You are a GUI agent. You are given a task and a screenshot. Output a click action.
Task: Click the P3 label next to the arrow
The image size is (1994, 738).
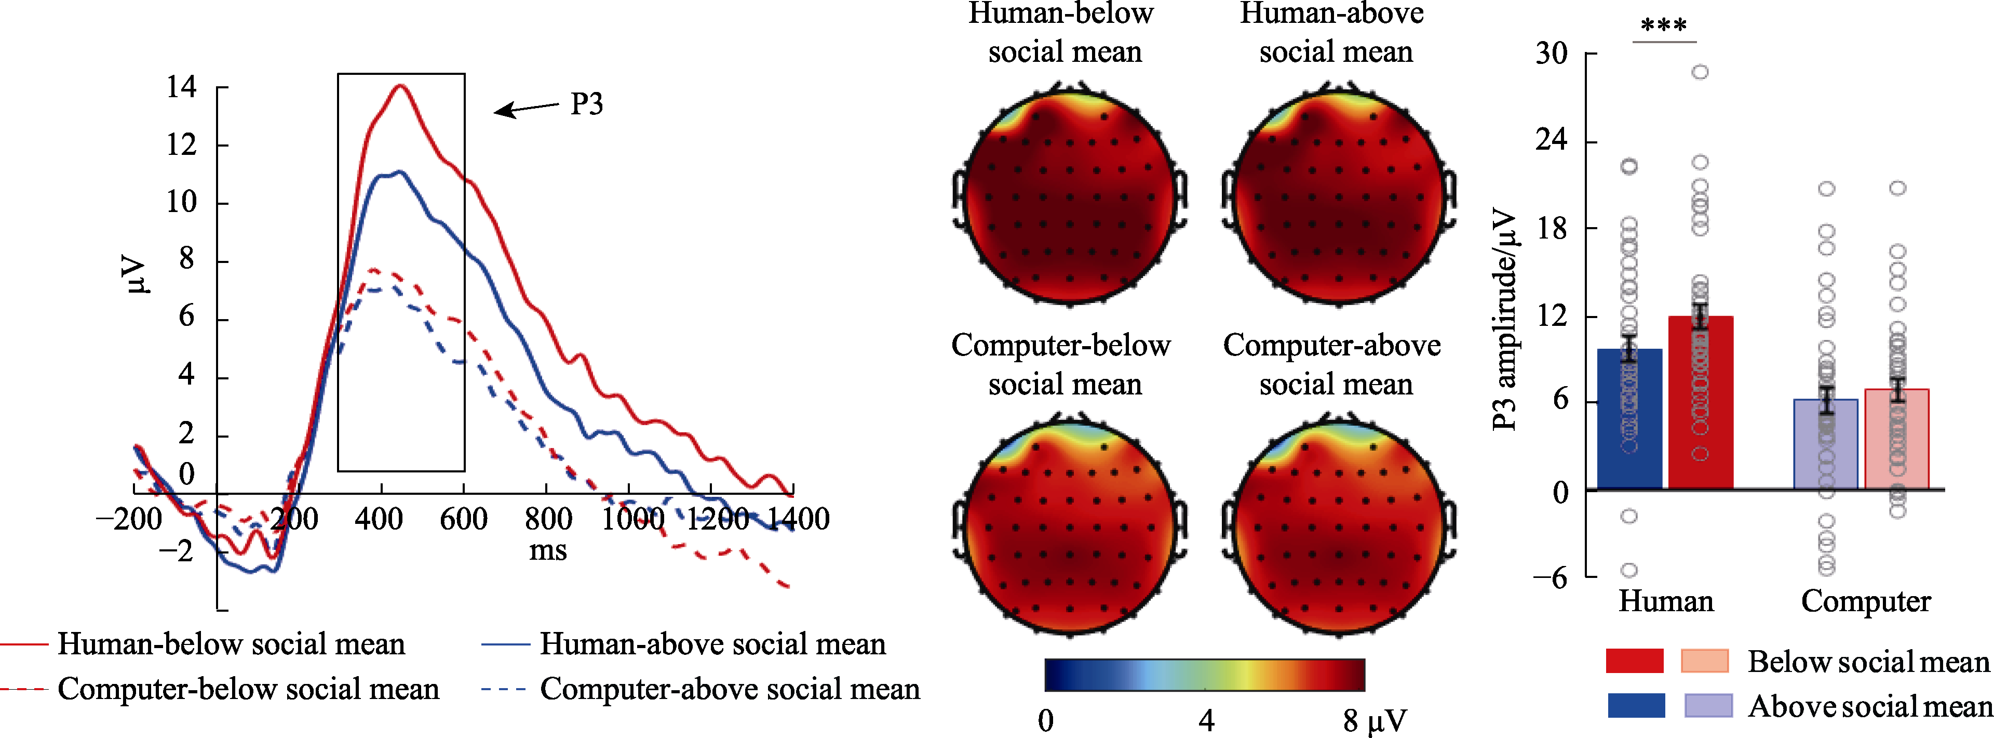(x=586, y=104)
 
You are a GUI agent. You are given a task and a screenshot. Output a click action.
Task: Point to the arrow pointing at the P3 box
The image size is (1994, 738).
(x=527, y=109)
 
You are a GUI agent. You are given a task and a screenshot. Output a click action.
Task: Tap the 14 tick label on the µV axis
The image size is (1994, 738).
(x=182, y=87)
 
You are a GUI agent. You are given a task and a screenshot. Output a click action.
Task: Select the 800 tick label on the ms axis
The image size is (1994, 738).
(x=548, y=519)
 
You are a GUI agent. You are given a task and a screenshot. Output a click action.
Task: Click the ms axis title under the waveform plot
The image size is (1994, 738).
(x=548, y=550)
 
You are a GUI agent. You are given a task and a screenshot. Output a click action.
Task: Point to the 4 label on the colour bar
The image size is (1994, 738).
(x=1206, y=721)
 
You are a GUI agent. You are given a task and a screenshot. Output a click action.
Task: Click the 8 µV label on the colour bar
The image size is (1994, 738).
(x=1375, y=721)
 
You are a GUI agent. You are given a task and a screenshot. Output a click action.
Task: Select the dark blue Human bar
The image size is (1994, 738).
(x=1629, y=419)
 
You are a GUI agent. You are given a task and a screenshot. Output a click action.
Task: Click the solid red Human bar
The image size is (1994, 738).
(x=1701, y=403)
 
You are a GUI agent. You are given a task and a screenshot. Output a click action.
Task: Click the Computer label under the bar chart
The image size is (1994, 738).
(x=1866, y=601)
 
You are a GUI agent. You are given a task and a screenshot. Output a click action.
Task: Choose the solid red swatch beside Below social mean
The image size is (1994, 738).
(x=1635, y=661)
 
